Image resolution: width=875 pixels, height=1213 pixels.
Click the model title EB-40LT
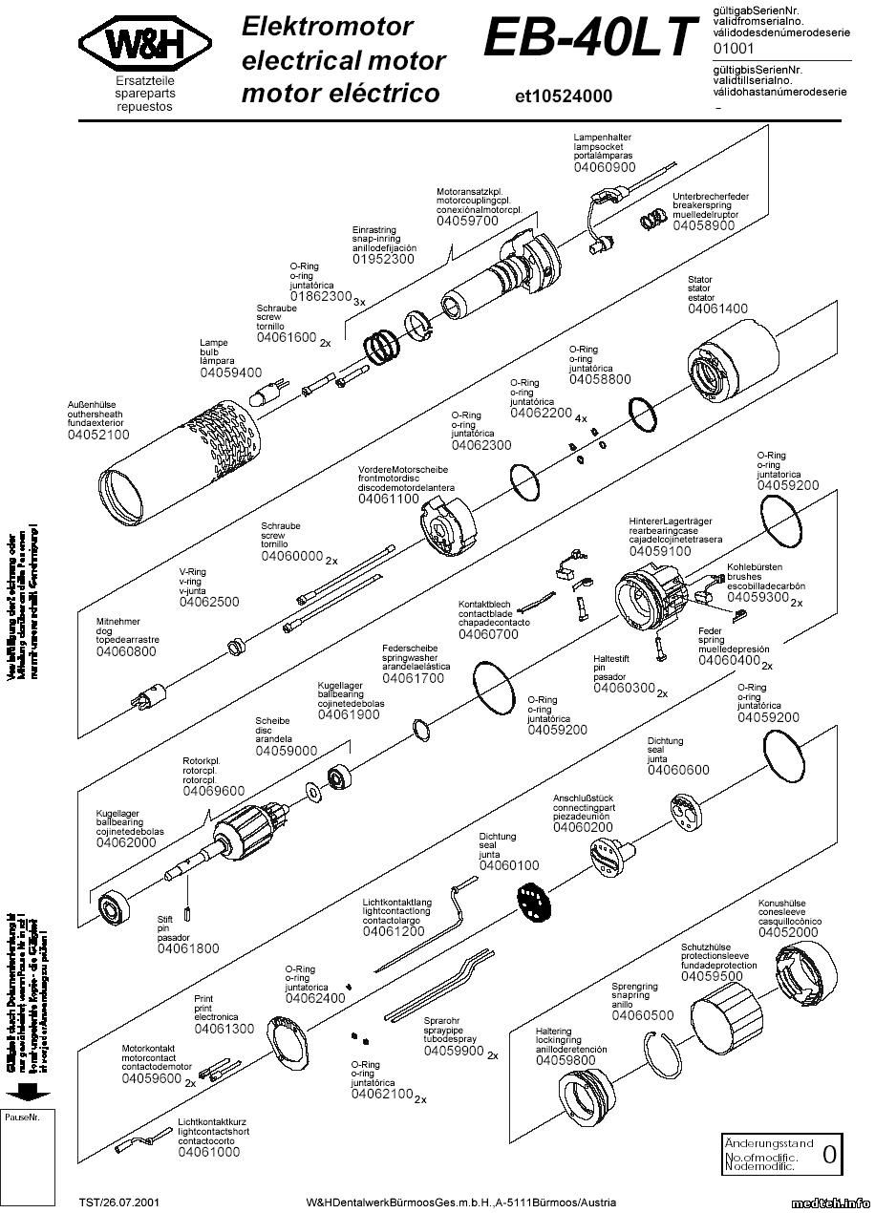(x=590, y=40)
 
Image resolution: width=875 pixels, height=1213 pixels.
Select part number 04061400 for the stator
(x=717, y=309)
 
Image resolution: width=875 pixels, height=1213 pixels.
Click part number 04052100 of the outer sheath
(x=98, y=435)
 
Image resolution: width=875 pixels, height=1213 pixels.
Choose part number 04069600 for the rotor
(x=213, y=791)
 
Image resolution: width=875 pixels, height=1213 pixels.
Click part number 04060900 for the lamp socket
(x=604, y=167)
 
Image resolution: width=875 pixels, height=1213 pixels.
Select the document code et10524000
(x=563, y=96)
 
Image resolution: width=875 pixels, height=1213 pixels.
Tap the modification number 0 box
(x=829, y=1154)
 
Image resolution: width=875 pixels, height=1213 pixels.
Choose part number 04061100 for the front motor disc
(x=389, y=499)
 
